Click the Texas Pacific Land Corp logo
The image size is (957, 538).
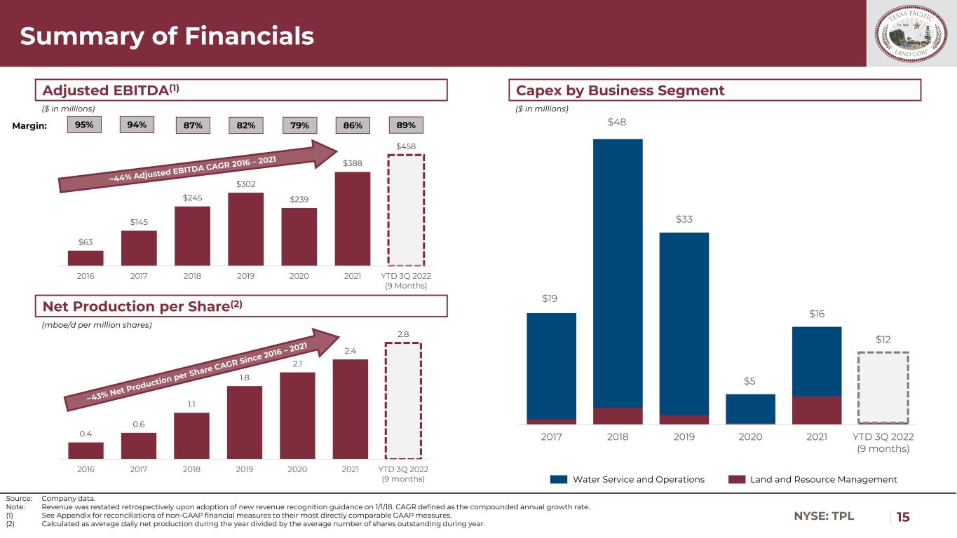(x=911, y=33)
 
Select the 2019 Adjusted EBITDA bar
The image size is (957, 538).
(x=245, y=229)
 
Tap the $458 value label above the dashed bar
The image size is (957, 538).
(x=405, y=146)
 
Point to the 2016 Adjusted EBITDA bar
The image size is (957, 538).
(x=86, y=258)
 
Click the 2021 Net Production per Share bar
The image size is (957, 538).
(x=351, y=409)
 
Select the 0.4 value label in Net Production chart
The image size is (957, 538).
(x=86, y=434)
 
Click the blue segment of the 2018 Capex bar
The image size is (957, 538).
(x=618, y=273)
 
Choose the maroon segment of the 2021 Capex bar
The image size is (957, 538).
(x=817, y=411)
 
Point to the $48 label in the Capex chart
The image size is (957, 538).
(x=618, y=123)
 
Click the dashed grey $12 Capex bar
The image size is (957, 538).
(x=883, y=388)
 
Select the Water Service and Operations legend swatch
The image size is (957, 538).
(x=558, y=480)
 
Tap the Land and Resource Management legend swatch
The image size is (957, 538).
(x=735, y=480)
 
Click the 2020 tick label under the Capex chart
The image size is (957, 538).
(x=750, y=437)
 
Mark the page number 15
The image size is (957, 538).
(x=903, y=517)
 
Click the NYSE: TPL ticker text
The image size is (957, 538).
(x=824, y=517)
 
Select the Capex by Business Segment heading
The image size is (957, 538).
(x=620, y=90)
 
